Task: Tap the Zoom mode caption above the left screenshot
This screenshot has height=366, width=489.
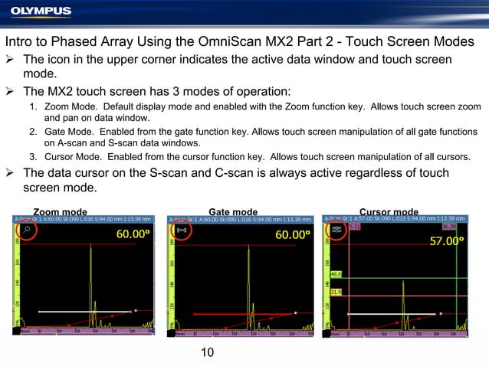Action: [x=60, y=212]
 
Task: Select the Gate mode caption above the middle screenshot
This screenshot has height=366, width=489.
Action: [x=233, y=212]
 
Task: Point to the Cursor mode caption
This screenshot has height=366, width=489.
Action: [x=389, y=212]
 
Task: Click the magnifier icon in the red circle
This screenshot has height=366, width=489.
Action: [x=28, y=229]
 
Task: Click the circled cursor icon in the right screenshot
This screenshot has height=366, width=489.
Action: [x=336, y=229]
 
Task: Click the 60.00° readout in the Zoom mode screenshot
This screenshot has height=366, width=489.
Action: [x=133, y=234]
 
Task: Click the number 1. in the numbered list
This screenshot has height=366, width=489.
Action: [x=34, y=106]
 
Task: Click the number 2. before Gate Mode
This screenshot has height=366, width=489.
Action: [x=34, y=132]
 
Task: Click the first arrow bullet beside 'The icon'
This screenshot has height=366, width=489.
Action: [x=11, y=60]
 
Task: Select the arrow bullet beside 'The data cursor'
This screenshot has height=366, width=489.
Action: [x=11, y=173]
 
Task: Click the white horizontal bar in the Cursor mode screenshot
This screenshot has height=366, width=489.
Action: [x=392, y=313]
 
